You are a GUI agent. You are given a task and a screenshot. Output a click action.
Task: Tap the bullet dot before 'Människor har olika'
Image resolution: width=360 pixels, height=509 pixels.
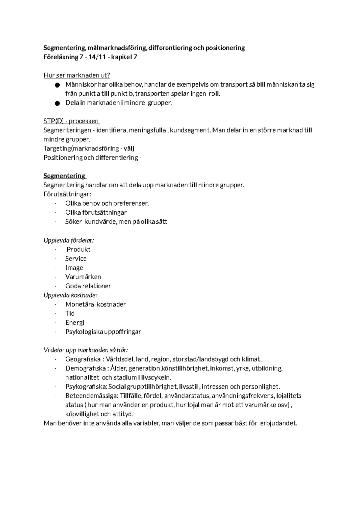tap(57, 85)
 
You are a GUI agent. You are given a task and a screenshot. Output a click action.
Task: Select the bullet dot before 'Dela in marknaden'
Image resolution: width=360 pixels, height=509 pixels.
tap(57, 103)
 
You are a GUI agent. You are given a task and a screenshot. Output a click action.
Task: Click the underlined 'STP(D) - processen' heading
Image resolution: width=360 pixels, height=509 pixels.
tap(71, 121)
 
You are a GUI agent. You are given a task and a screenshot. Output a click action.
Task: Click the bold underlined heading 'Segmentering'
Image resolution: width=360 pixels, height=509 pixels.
tap(64, 176)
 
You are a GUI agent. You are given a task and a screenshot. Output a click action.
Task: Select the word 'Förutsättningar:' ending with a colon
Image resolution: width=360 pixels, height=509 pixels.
tap(67, 194)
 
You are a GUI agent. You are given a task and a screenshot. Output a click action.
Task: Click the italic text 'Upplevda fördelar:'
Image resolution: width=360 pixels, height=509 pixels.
tap(69, 240)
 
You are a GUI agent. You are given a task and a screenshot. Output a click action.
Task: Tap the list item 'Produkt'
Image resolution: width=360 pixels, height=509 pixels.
tap(78, 249)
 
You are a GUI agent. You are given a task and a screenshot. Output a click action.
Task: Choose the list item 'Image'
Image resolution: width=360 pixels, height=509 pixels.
tap(74, 268)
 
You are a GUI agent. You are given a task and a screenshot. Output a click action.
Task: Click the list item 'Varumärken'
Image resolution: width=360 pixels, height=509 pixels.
tap(83, 277)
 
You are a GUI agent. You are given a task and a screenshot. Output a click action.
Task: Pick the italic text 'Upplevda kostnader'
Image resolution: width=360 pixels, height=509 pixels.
tap(70, 295)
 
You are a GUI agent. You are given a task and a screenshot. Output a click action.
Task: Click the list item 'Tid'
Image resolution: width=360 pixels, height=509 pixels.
tap(70, 314)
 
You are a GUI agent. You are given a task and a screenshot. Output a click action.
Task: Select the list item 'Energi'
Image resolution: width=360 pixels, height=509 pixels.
tap(75, 323)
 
